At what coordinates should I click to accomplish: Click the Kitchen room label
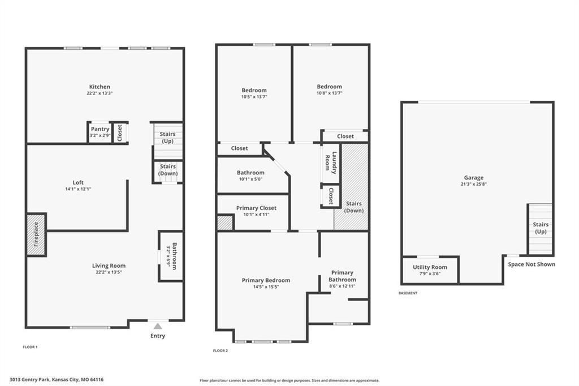pyautogui.click(x=100, y=87)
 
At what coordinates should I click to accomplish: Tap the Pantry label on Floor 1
pyautogui.click(x=100, y=129)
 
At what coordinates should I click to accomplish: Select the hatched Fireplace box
pyautogui.click(x=36, y=234)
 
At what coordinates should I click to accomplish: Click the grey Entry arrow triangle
pyautogui.click(x=158, y=326)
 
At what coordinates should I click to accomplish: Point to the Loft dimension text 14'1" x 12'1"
pyautogui.click(x=78, y=189)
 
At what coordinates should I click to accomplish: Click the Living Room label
pyautogui.click(x=109, y=265)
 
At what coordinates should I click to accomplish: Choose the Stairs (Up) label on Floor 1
pyautogui.click(x=167, y=138)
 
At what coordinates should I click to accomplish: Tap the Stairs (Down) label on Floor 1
pyautogui.click(x=168, y=170)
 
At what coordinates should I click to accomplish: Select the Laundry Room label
pyautogui.click(x=331, y=162)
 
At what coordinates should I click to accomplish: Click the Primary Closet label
pyautogui.click(x=256, y=208)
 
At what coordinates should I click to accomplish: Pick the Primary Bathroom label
pyautogui.click(x=342, y=276)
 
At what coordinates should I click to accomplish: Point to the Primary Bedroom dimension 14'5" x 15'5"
pyautogui.click(x=266, y=287)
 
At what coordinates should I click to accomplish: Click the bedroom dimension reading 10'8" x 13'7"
pyautogui.click(x=330, y=93)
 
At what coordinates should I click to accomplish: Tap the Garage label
pyautogui.click(x=474, y=178)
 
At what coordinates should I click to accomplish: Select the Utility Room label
pyautogui.click(x=430, y=267)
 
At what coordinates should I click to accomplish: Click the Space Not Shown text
pyautogui.click(x=532, y=264)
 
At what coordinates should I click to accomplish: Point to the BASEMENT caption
pyautogui.click(x=408, y=293)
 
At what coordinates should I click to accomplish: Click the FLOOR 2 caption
pyautogui.click(x=221, y=350)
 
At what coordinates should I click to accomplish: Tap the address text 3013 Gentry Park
pyautogui.click(x=29, y=380)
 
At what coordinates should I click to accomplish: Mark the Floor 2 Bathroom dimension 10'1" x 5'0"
pyautogui.click(x=250, y=179)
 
